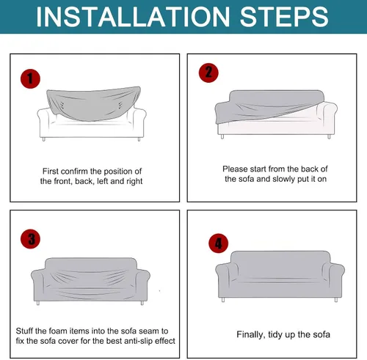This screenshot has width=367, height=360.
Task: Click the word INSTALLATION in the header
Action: click(x=133, y=17)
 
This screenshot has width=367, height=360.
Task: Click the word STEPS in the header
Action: click(x=284, y=17)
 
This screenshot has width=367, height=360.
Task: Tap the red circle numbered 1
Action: click(x=30, y=78)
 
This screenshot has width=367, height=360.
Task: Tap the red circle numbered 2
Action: click(x=208, y=73)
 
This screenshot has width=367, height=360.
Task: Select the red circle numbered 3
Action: click(x=31, y=239)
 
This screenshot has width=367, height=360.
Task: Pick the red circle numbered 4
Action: click(x=219, y=243)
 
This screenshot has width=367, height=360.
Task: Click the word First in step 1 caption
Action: click(x=51, y=171)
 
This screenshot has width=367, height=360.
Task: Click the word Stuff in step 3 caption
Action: click(x=24, y=331)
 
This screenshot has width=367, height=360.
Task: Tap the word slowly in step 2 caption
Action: click(x=283, y=179)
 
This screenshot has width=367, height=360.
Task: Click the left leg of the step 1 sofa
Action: click(x=44, y=139)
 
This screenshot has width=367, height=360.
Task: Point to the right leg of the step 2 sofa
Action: click(x=329, y=136)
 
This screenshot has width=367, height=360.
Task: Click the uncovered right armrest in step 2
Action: click(x=327, y=115)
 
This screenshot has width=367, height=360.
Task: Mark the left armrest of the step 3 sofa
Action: click(x=38, y=284)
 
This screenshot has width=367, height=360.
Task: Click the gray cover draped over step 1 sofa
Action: click(x=93, y=103)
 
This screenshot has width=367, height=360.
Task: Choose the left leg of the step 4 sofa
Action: click(x=223, y=300)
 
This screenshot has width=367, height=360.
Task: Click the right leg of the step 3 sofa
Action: click(x=142, y=303)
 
